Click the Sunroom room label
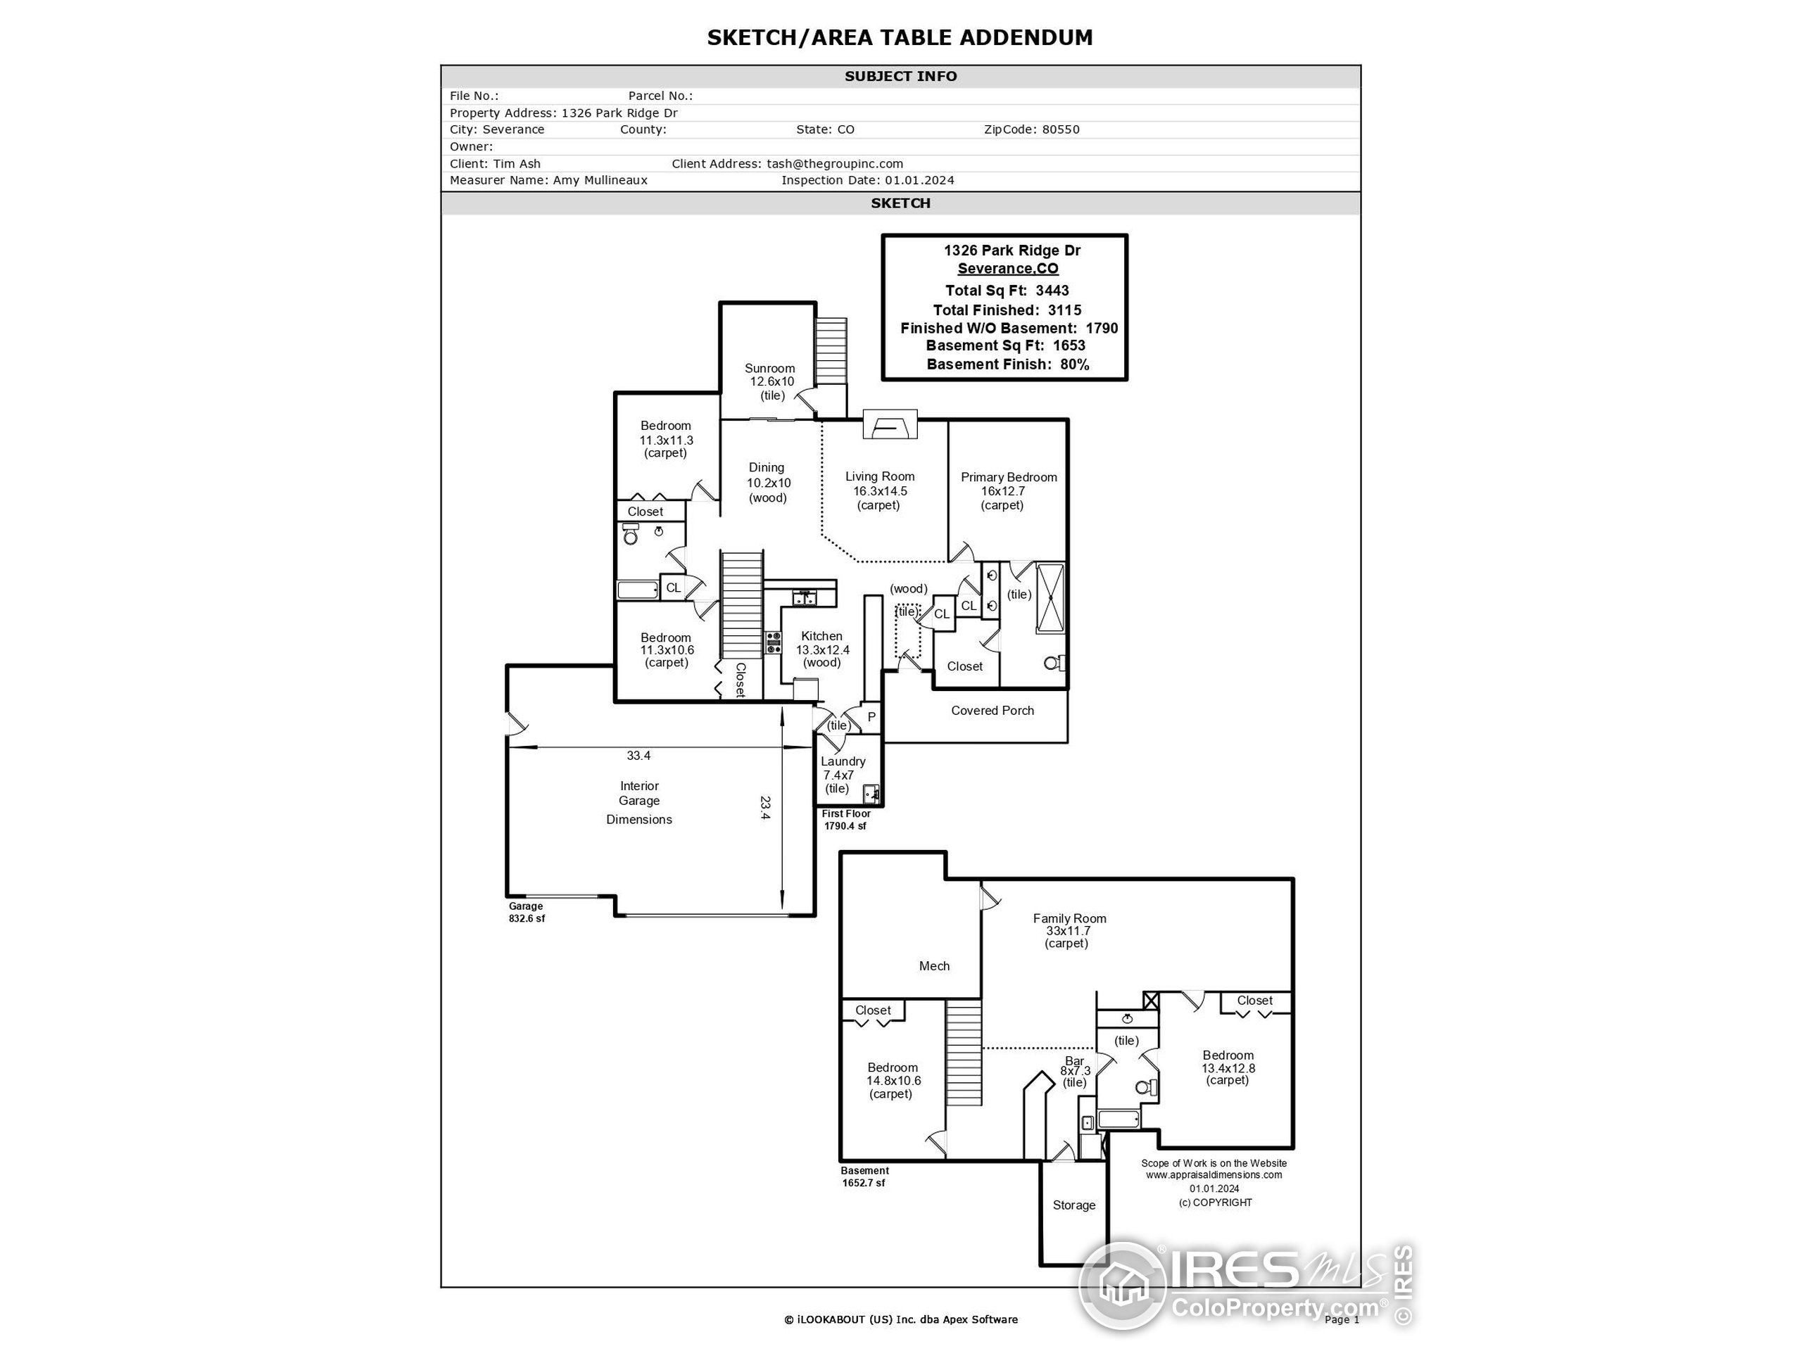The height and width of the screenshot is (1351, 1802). [x=769, y=369]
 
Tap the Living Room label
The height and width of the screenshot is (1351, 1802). [x=879, y=477]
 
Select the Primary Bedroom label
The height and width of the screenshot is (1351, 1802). [x=1009, y=478]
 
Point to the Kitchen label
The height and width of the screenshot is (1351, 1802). [x=821, y=637]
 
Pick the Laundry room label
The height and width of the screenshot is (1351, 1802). [x=843, y=762]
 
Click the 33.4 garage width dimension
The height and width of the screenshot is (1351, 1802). [x=638, y=756]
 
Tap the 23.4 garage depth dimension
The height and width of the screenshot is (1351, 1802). [x=765, y=808]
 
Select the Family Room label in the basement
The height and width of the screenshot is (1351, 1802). [x=1069, y=918]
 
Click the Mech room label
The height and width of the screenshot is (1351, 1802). [x=933, y=967]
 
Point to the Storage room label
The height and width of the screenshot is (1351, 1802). [x=1073, y=1206]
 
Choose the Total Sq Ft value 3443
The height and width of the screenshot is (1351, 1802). [x=1052, y=291]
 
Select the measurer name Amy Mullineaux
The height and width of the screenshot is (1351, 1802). [x=600, y=181]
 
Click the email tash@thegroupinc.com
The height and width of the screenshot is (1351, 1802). [x=834, y=164]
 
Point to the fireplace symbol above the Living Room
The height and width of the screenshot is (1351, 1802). [x=890, y=426]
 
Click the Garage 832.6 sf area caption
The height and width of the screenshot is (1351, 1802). [x=527, y=913]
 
